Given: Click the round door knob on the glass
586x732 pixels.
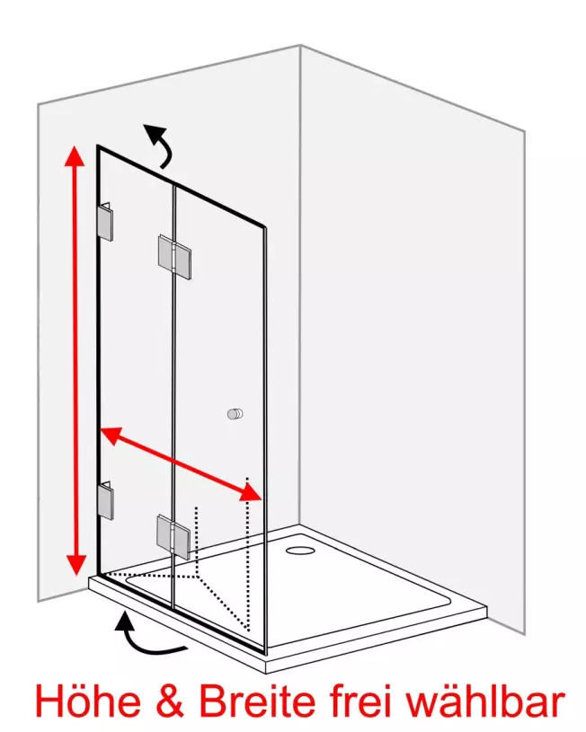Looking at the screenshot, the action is (235, 414).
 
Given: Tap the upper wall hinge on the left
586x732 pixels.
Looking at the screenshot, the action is (106, 222).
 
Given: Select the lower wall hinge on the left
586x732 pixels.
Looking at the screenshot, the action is (106, 500).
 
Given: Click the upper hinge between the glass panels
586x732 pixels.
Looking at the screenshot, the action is (174, 257).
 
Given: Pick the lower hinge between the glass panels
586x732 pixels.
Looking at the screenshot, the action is (173, 537).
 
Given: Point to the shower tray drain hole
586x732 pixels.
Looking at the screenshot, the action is (300, 550).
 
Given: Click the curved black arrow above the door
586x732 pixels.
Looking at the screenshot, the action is (158, 145).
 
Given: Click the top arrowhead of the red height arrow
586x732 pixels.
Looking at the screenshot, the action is (75, 156).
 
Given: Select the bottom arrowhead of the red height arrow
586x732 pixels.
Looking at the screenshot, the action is (75, 565).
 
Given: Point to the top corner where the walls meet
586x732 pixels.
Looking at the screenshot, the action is (300, 45).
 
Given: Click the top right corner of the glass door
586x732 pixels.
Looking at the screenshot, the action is (266, 228).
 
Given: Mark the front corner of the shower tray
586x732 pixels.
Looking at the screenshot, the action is (266, 666).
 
